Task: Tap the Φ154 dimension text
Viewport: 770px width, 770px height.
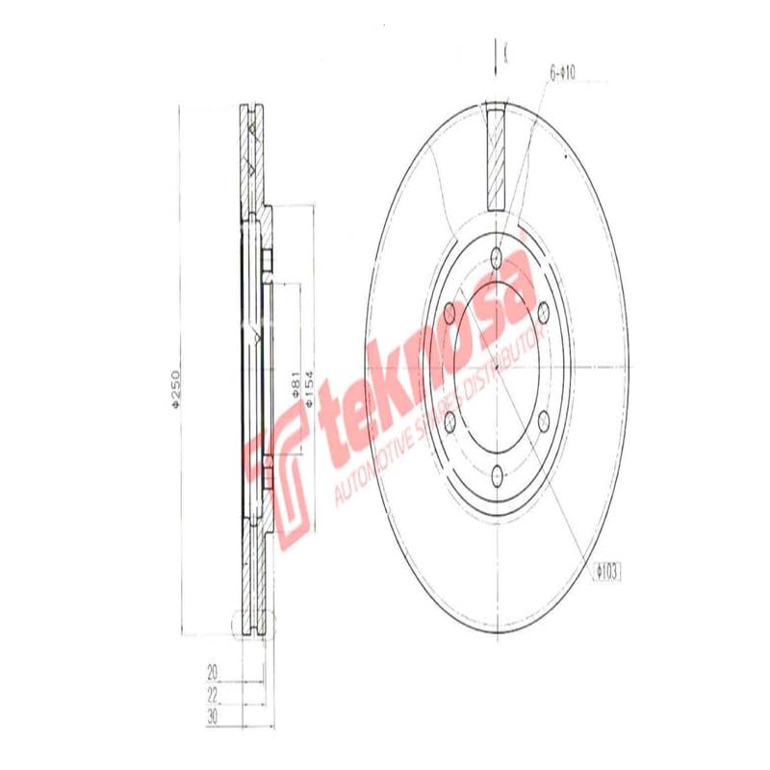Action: pos(309,389)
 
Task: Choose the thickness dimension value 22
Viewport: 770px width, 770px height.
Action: pos(212,693)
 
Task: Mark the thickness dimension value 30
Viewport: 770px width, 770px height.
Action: pos(212,717)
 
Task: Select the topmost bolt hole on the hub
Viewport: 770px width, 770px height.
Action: pos(496,256)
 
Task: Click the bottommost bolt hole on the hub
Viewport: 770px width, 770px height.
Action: pos(496,474)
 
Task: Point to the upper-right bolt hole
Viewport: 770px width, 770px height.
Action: pos(543,310)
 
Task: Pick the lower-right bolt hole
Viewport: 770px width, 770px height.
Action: pos(543,419)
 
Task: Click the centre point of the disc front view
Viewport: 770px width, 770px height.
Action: pos(496,365)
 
